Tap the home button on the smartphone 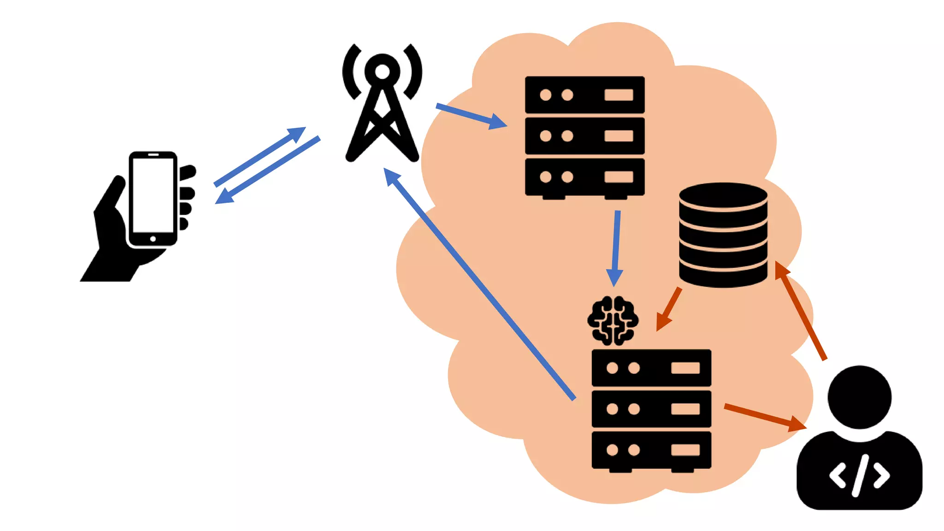pyautogui.click(x=153, y=239)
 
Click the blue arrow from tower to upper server pyautogui.click(x=470, y=115)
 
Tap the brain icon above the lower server pyautogui.click(x=613, y=320)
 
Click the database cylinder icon pyautogui.click(x=723, y=235)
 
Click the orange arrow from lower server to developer pyautogui.click(x=765, y=416)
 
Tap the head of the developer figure pyautogui.click(x=859, y=397)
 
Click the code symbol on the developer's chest pyautogui.click(x=859, y=476)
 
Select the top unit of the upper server pyautogui.click(x=584, y=95)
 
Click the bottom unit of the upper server pyautogui.click(x=584, y=177)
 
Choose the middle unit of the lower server pyautogui.click(x=651, y=409)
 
